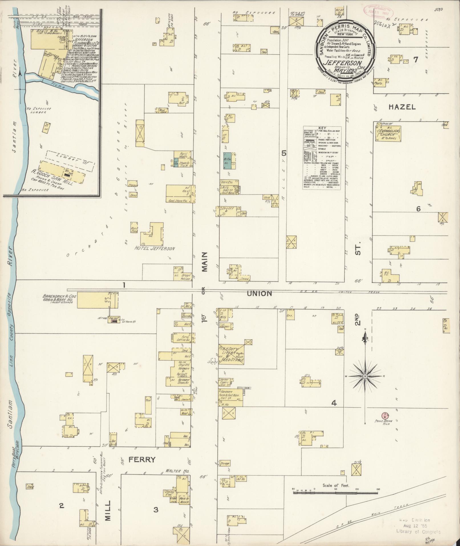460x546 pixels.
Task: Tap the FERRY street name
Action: tap(142, 459)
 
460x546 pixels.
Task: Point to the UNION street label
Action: tap(260, 293)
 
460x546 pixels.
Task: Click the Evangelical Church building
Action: tap(389, 132)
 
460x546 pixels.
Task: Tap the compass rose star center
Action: tap(365, 376)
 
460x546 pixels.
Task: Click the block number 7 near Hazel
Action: tap(416, 60)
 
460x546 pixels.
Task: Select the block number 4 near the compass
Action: tap(334, 403)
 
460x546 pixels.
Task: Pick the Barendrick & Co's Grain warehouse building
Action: tap(97, 300)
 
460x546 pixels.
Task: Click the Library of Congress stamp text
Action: tap(418, 531)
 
